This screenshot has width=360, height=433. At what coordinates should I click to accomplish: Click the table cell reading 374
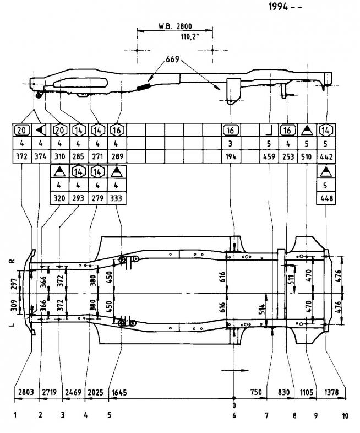[x=40, y=156]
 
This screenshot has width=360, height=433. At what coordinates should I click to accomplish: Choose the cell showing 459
[x=269, y=156]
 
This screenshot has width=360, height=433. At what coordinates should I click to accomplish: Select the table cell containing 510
[x=307, y=156]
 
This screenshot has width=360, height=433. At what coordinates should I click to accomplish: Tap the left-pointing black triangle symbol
[x=40, y=131]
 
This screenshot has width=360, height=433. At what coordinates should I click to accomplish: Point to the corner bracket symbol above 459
[x=269, y=131]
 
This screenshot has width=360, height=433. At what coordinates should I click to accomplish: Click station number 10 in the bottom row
[x=345, y=416]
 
